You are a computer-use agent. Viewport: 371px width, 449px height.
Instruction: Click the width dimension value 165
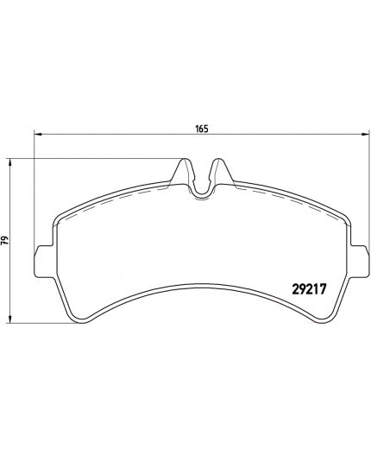pyautogui.click(x=202, y=129)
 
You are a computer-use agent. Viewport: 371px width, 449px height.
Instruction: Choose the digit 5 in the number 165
pyautogui.click(x=207, y=129)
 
